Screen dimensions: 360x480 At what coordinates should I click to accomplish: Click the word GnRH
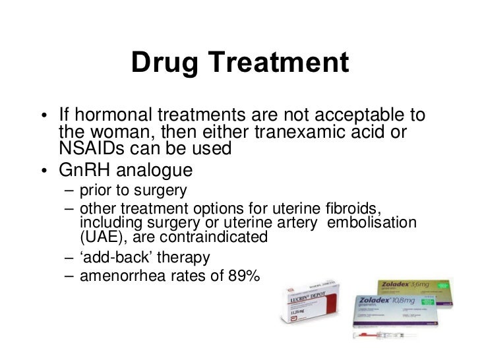(84, 169)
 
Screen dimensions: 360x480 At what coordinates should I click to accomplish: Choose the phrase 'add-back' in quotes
(113, 256)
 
